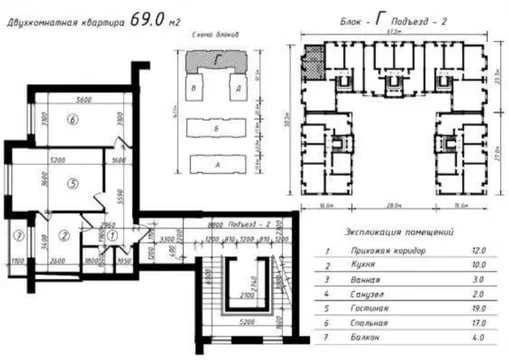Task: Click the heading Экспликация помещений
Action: tap(387, 225)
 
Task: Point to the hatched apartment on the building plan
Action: tap(313, 61)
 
